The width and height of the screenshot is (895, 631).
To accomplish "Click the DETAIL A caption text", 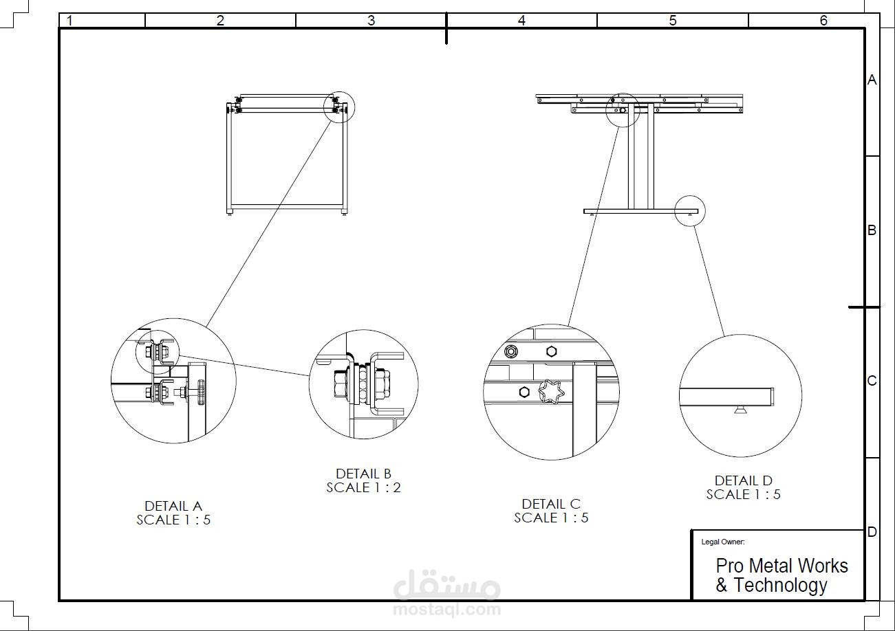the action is coord(173,506).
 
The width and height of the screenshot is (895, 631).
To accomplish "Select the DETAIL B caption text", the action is coord(363,474).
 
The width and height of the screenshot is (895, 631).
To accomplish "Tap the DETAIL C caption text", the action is coord(551,504).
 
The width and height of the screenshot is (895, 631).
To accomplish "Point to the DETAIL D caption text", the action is coord(743,480).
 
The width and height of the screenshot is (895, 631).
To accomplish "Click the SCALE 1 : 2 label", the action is coord(363,487).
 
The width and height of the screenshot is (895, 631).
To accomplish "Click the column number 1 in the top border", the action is coord(69,21).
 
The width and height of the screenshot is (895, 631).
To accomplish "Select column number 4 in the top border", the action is coord(521,21).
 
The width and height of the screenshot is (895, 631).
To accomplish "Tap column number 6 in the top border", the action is coord(823,21).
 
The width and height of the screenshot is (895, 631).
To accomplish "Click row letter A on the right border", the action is coord(872,80).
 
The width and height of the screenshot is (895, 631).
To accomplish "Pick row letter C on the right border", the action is coord(872,381).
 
